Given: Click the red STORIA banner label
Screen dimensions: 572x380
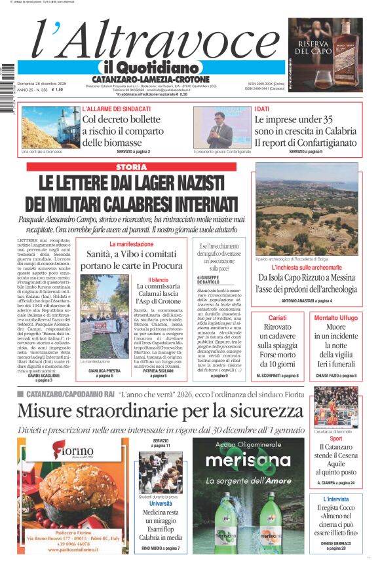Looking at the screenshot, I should pyautogui.click(x=131, y=168).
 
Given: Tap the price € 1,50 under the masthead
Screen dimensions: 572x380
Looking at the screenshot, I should pyautogui.click(x=58, y=90).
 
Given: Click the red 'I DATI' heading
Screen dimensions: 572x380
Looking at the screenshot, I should pyautogui.click(x=262, y=109).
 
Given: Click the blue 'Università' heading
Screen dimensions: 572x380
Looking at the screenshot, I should pyautogui.click(x=161, y=504).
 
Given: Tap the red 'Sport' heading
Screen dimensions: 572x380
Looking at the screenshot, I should pyautogui.click(x=335, y=438).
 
